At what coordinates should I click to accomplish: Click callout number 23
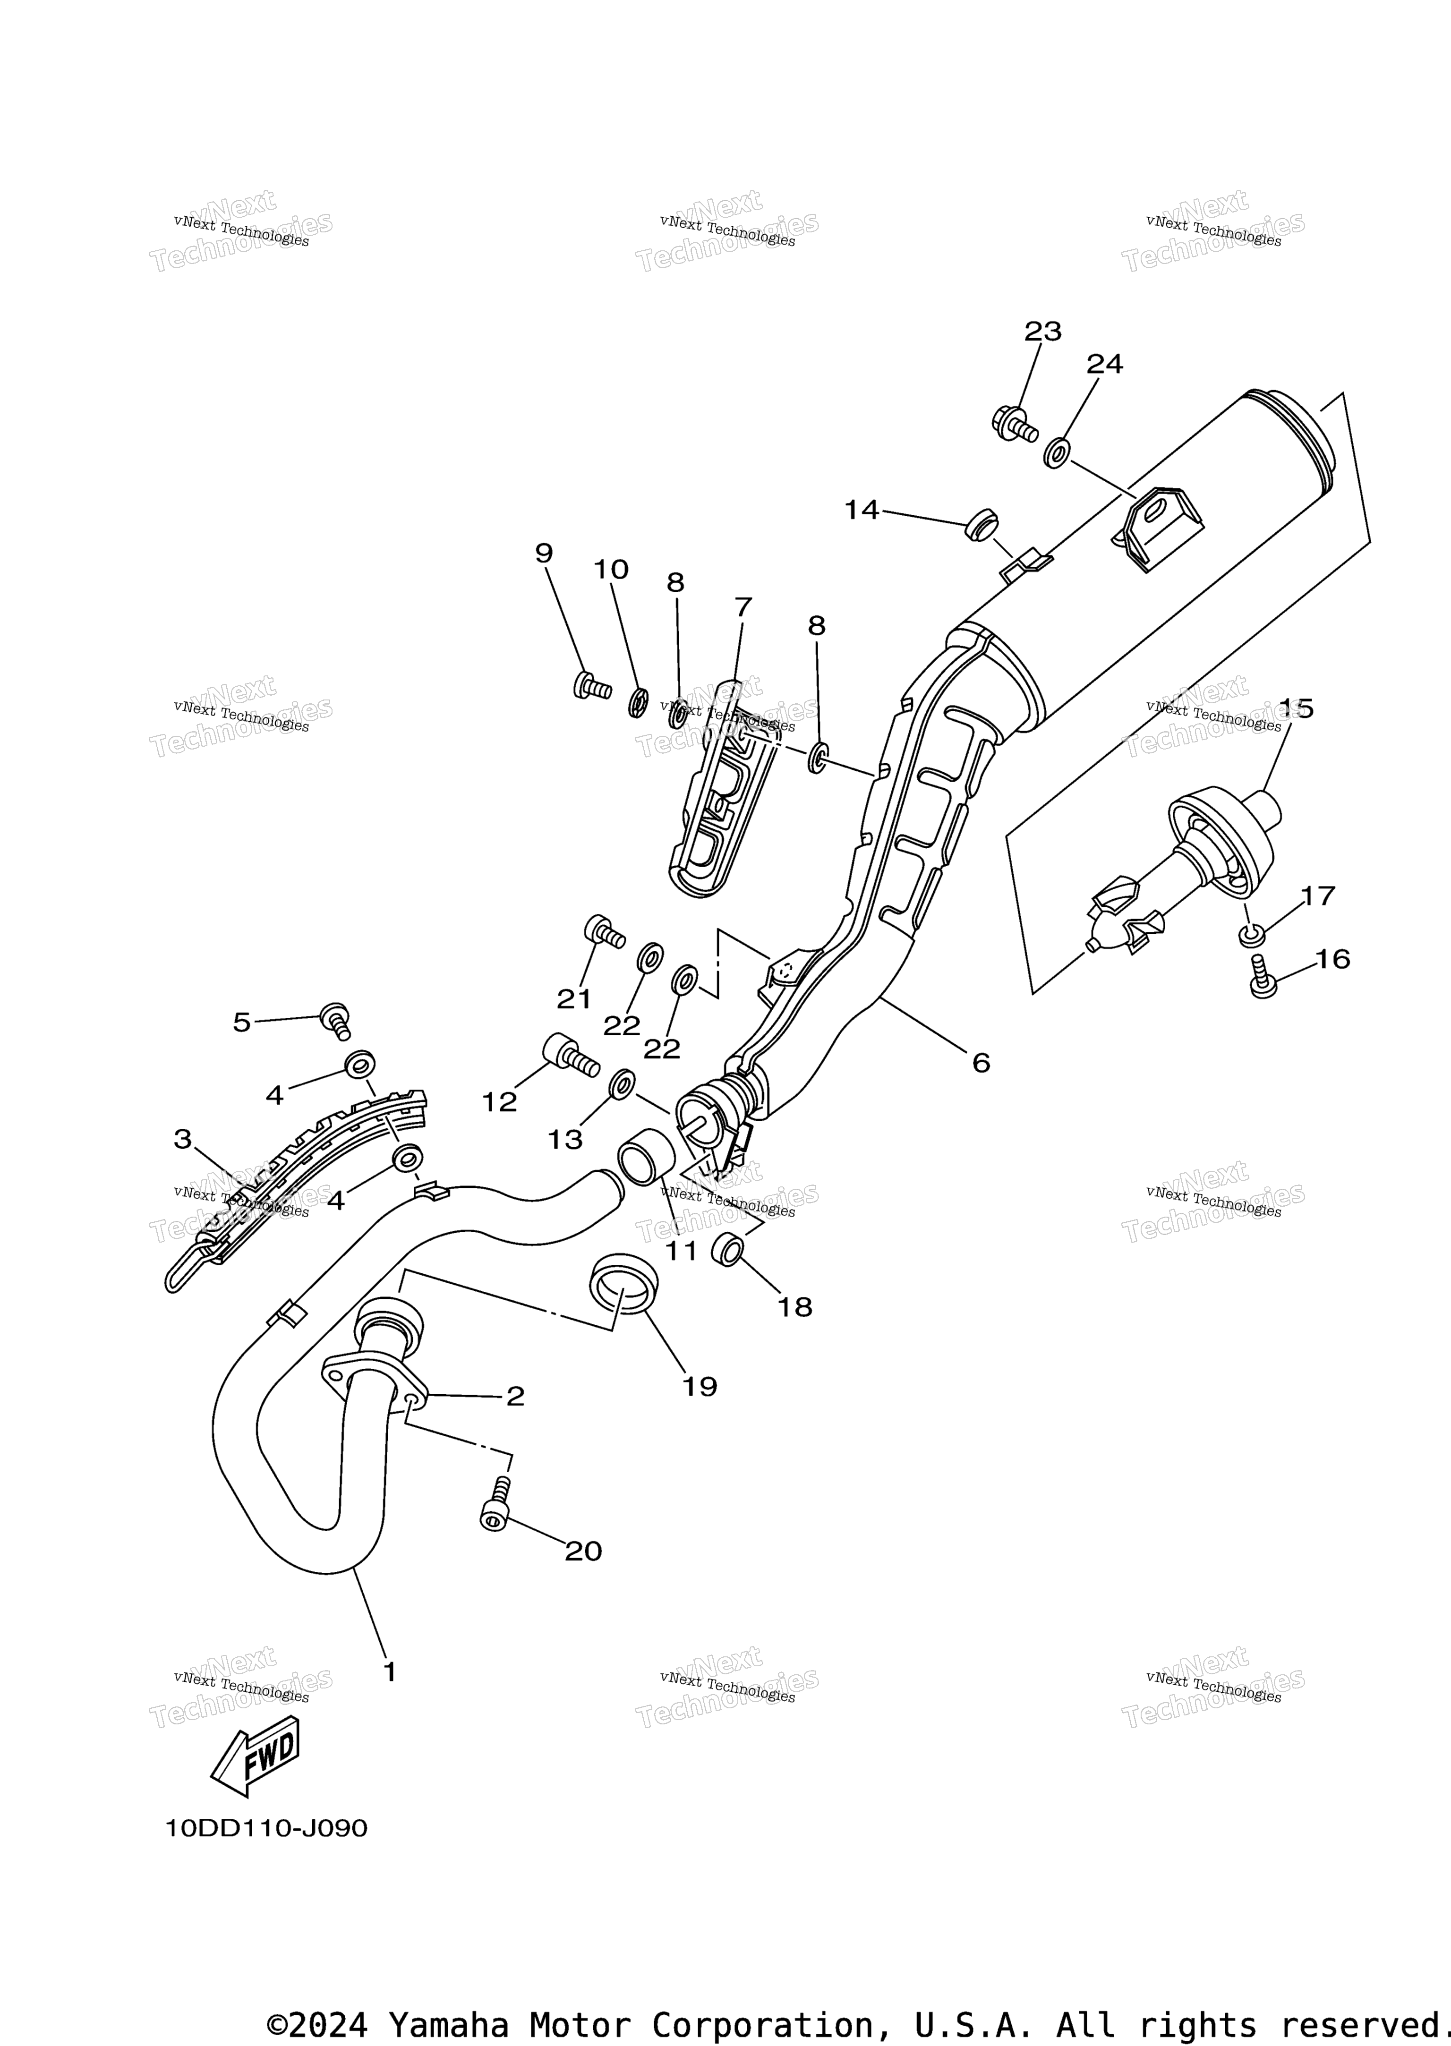[1043, 332]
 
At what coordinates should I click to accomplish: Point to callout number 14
[862, 510]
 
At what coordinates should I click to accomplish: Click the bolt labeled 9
[591, 686]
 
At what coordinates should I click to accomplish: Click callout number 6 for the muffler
[981, 1062]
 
